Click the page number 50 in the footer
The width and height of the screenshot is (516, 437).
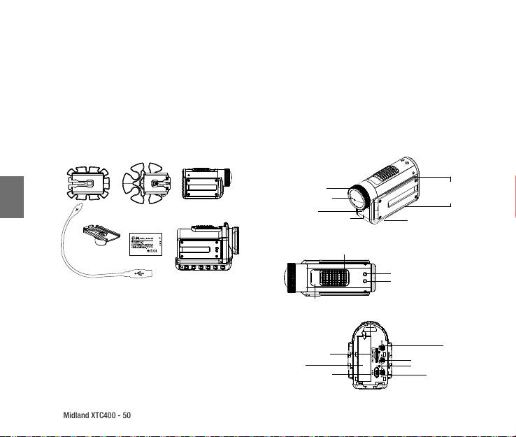[127, 415]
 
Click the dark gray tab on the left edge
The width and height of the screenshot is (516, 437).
[12, 200]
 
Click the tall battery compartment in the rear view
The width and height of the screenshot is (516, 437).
[362, 359]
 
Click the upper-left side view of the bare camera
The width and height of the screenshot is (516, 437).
[206, 184]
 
